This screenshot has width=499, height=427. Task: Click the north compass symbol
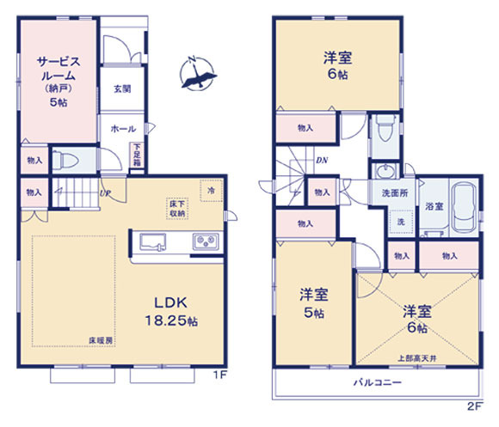pyautogui.click(x=197, y=74)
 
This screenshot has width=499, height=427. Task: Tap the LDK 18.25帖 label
pyautogui.click(x=171, y=312)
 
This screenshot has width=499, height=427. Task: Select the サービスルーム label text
pyautogui.click(x=59, y=69)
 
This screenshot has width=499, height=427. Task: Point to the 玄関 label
pyautogui.click(x=122, y=89)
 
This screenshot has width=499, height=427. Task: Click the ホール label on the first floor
pyautogui.click(x=123, y=129)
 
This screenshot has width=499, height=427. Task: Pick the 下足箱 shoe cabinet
pyautogui.click(x=137, y=156)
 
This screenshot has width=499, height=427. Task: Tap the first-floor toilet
pyautogui.click(x=65, y=160)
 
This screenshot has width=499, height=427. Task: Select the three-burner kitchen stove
pyautogui.click(x=206, y=241)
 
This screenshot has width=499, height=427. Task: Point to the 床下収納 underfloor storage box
pyautogui.click(x=177, y=209)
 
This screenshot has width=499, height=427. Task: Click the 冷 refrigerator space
pyautogui.click(x=211, y=191)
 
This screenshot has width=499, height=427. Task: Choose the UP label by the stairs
pyautogui.click(x=104, y=192)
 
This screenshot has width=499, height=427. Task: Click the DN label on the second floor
pyautogui.click(x=322, y=161)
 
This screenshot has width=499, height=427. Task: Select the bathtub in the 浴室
pyautogui.click(x=465, y=207)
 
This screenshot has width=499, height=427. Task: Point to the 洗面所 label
pyautogui.click(x=395, y=192)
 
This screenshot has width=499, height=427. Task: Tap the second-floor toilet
pyautogui.click(x=385, y=128)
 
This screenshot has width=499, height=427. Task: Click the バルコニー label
pyautogui.click(x=378, y=382)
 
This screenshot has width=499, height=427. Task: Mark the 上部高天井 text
pyautogui.click(x=417, y=358)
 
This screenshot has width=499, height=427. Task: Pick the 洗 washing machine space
pyautogui.click(x=401, y=222)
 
